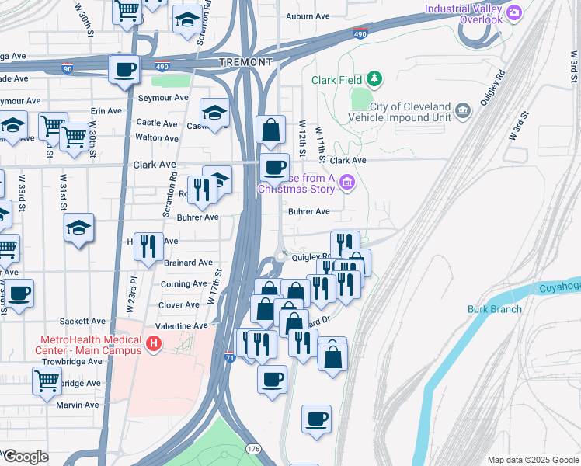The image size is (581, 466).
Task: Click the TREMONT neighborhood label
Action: point(245,62)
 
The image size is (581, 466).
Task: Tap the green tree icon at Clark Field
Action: point(375,79)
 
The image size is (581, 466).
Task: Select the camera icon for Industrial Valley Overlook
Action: point(513,12)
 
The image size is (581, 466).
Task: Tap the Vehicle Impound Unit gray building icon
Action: point(464,110)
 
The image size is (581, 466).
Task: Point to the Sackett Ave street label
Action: point(87,321)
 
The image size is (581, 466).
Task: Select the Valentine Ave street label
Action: point(182,326)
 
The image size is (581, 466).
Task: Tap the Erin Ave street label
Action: point(106,111)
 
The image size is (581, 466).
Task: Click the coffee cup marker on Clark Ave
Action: point(273,167)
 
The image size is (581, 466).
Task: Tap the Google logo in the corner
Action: point(25,457)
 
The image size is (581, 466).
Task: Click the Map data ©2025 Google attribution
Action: point(532,460)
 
